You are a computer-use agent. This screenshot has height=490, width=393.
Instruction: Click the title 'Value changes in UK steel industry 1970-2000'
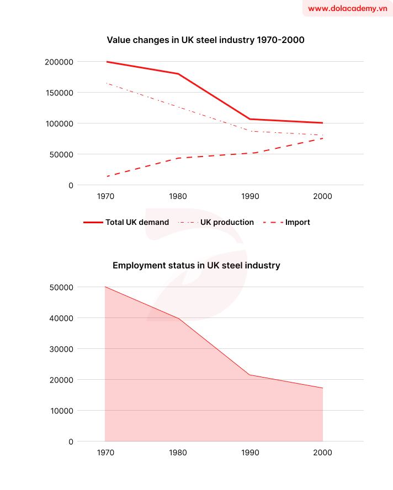pos(205,40)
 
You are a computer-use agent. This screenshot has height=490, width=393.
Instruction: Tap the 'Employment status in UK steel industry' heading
pos(197,265)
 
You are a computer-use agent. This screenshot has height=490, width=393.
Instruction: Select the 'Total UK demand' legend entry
pos(126,222)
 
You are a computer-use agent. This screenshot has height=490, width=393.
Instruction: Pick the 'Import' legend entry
pos(286,222)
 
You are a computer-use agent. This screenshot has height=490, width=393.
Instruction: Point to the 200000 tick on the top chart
pos(59,62)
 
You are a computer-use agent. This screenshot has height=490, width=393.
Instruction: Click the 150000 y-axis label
pos(59,93)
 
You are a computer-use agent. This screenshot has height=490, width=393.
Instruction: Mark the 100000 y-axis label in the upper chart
pos(59,123)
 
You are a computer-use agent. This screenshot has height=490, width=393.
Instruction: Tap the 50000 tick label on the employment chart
pos(61,287)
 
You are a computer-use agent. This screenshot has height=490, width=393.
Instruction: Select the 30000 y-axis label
pos(61,349)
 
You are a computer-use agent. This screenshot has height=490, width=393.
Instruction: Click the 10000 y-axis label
pos(61,411)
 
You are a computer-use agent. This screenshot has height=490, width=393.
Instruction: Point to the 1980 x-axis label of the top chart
pos(178,196)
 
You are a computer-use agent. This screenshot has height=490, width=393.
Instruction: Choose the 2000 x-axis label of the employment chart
pos(322,453)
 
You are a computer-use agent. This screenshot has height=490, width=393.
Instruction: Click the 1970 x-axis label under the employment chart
pos(105,453)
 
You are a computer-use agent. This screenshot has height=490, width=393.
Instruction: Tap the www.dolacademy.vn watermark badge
pos(347,8)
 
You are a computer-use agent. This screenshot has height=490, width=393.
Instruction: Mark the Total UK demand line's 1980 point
pos(178,74)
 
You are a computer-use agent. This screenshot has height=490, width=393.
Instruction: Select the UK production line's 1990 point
pos(250,131)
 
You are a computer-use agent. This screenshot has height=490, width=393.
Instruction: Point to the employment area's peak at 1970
pos(105,287)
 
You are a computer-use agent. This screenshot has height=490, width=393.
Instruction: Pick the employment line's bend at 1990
pos(250,375)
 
